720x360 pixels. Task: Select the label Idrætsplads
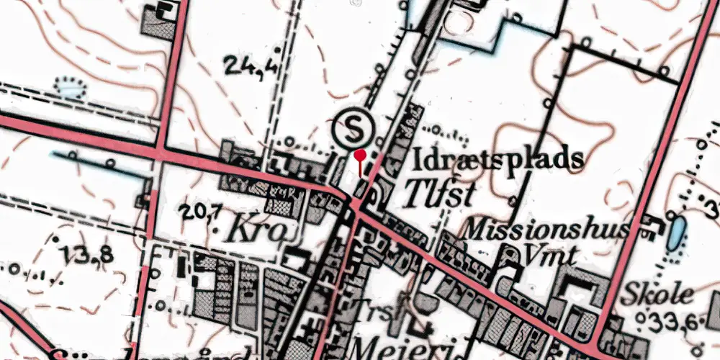tap(498, 157)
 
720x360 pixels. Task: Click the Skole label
tap(659, 294)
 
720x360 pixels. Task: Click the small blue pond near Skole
tap(676, 233)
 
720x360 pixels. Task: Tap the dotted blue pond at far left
tap(71, 89)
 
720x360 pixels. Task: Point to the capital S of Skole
tap(633, 294)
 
